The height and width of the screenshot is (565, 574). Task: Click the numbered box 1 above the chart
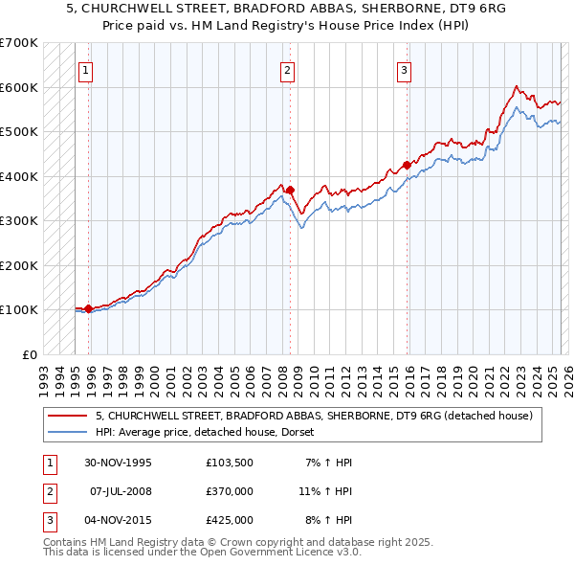[x=85, y=69]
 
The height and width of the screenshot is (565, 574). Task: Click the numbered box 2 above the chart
[x=287, y=69]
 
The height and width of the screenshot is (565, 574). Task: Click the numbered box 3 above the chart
[x=405, y=69]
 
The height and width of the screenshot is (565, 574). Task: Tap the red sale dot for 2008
[x=291, y=190]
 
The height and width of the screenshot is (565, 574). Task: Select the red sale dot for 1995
[x=88, y=308]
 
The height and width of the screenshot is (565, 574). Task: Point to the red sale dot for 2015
[x=408, y=165]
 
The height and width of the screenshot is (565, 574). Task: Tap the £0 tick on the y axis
[x=29, y=354]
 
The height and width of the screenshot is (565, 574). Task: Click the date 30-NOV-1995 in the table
[x=119, y=463]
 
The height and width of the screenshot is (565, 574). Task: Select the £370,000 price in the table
[x=230, y=491]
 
